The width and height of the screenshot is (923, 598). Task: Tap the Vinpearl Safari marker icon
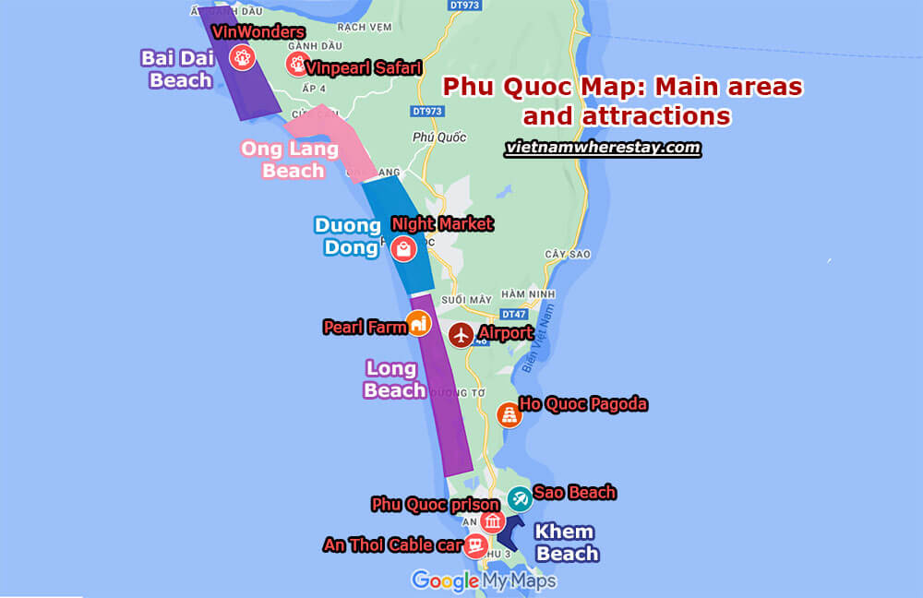297,64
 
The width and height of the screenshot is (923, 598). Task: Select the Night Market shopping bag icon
403,248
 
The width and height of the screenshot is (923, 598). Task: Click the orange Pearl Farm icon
419,323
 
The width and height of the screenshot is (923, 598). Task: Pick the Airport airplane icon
461,334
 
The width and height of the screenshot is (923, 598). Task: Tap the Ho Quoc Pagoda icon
509,414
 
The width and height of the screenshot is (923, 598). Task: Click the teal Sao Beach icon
520,499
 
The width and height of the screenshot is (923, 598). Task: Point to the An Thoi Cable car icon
475,544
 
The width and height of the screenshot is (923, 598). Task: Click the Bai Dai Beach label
176,69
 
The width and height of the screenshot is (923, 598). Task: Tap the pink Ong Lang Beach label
282,159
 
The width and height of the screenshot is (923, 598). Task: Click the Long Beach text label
392,379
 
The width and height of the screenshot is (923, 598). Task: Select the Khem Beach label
566,543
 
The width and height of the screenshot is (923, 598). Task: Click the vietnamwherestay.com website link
603,148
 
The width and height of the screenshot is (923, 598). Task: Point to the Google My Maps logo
484,580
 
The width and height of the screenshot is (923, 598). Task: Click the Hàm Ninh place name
534,293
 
